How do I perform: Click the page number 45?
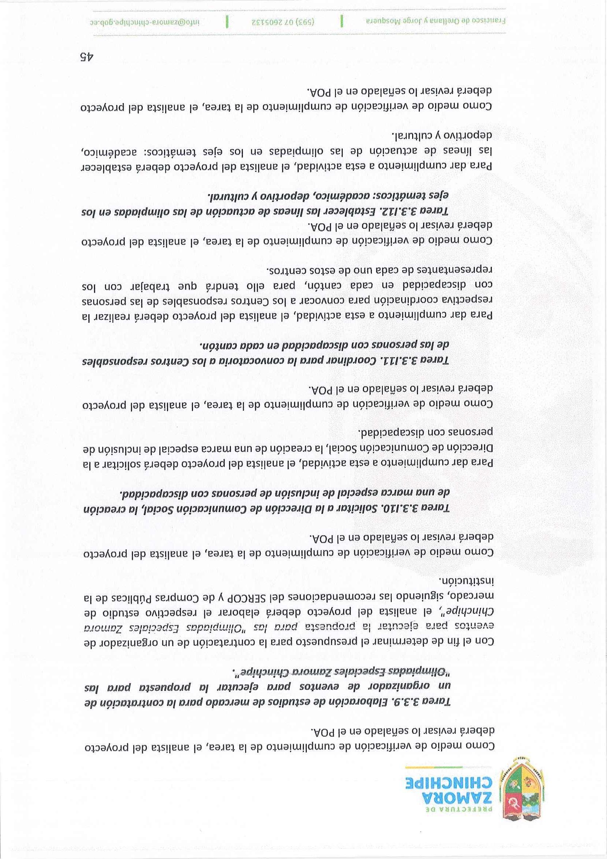[87, 57]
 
